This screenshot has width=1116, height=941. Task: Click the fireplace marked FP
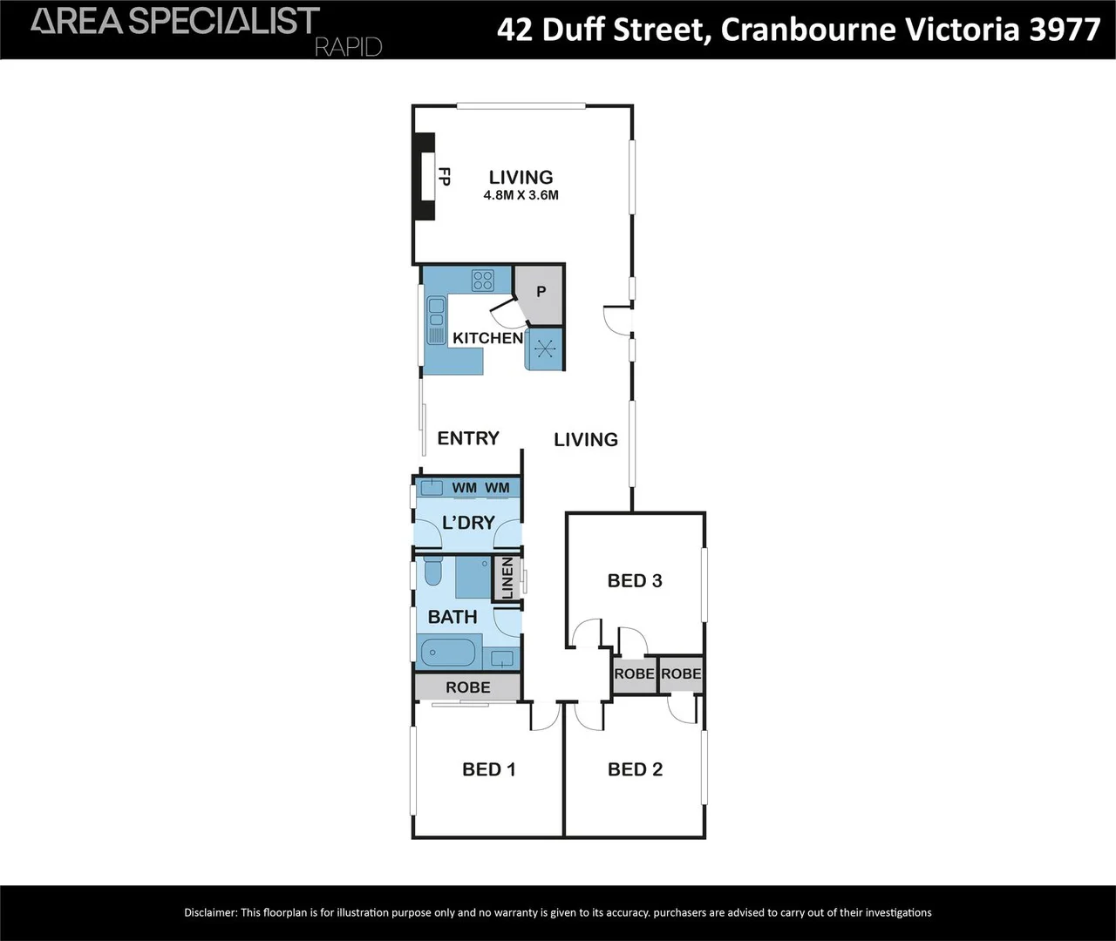tap(425, 178)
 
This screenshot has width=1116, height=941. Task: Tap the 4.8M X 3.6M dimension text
tap(521, 196)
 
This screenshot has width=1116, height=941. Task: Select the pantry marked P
tap(540, 292)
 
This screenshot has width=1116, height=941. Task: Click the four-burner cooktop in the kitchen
tap(482, 281)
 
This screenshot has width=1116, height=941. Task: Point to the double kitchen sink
tap(435, 320)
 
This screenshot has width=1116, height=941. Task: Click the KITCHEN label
tap(487, 338)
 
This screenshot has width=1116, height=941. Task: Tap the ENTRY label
tap(468, 438)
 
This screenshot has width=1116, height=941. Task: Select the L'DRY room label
tap(468, 523)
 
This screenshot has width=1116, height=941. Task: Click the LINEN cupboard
tap(507, 579)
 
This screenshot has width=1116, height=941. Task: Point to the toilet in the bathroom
tap(433, 572)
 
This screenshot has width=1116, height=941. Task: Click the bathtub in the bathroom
tap(449, 653)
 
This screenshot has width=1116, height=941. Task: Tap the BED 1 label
tap(488, 769)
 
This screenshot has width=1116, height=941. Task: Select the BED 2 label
tap(635, 769)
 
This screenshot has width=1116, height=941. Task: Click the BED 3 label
tap(635, 580)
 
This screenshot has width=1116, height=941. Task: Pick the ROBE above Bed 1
tap(467, 687)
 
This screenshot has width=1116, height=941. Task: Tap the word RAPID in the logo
tap(348, 47)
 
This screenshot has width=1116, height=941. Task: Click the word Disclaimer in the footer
tap(210, 913)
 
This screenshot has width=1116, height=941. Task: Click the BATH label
tap(453, 617)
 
